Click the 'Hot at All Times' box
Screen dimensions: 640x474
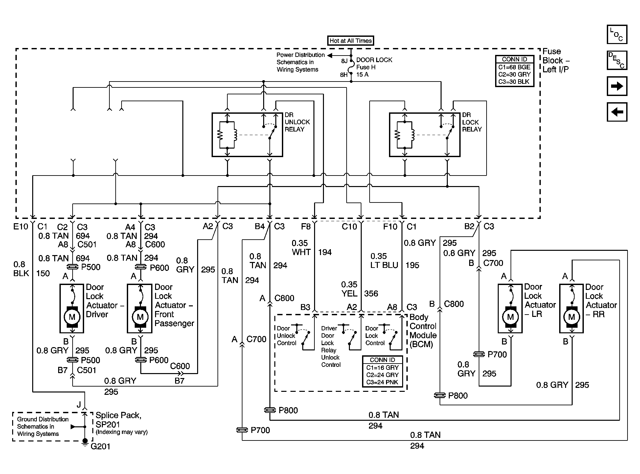click(x=351, y=40)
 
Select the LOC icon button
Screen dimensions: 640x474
click(x=617, y=34)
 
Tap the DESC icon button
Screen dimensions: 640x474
click(x=617, y=60)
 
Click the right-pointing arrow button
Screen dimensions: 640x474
click(x=617, y=86)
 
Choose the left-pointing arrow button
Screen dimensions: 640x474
click(x=617, y=112)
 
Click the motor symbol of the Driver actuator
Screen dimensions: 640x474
click(x=72, y=317)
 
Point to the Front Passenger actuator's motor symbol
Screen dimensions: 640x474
click(x=140, y=317)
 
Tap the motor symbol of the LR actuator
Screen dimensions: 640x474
click(x=510, y=317)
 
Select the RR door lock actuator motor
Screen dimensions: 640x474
click(x=571, y=317)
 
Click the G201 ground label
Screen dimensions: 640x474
click(x=100, y=446)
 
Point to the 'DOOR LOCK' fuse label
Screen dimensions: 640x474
click(x=374, y=60)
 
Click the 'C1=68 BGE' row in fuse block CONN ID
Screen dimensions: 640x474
click(x=514, y=67)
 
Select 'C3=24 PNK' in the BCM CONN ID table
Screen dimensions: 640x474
click(x=382, y=382)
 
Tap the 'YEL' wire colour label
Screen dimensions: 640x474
click(x=350, y=294)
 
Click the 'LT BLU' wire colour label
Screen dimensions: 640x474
click(x=384, y=265)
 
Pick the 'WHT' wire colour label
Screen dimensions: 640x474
click(x=301, y=252)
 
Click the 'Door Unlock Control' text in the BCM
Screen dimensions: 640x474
click(x=286, y=336)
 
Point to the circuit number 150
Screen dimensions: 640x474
click(x=43, y=273)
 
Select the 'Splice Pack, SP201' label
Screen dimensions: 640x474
click(x=119, y=419)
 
